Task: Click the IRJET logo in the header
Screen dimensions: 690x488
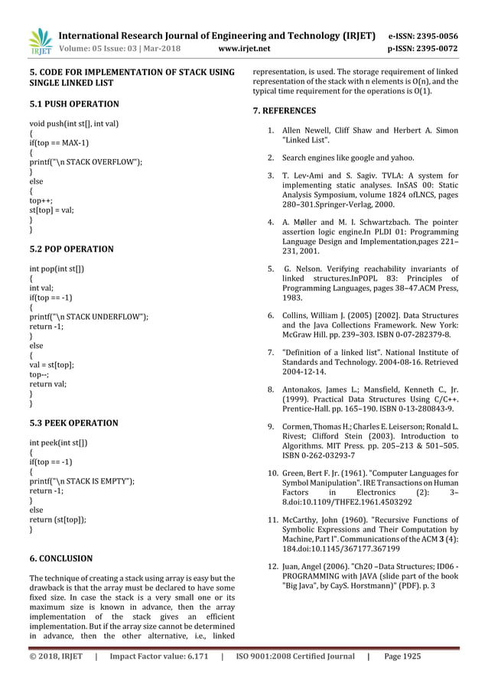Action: pos(40,42)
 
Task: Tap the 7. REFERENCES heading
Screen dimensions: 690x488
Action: pos(284,111)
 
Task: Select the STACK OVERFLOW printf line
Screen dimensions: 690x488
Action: pos(86,162)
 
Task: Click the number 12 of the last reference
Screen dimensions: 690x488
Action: pos(271,565)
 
